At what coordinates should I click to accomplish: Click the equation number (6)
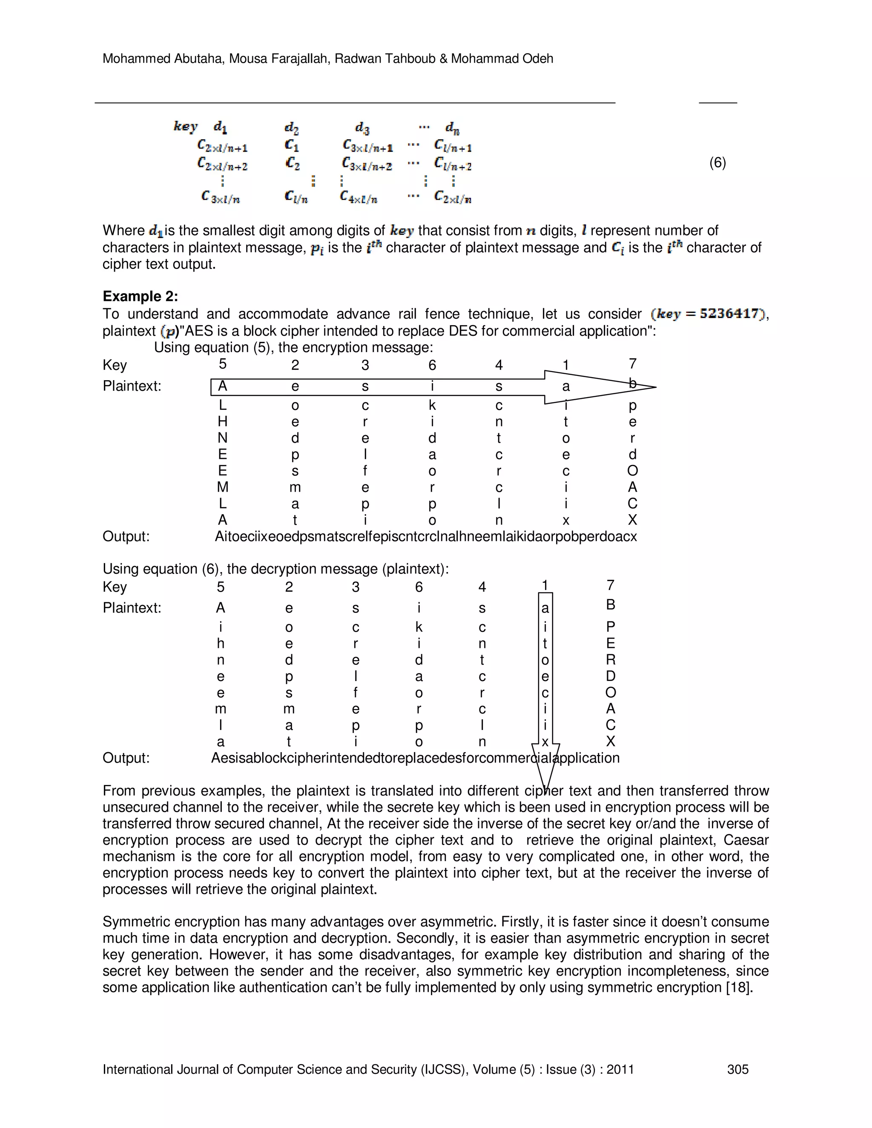coord(717,163)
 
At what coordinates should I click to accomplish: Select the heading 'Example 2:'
coord(140,296)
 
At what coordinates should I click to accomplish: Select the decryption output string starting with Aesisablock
coord(415,758)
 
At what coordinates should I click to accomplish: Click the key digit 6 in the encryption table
coord(432,365)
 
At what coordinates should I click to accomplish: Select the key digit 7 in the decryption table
coord(610,585)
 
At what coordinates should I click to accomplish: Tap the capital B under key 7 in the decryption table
coord(610,604)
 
